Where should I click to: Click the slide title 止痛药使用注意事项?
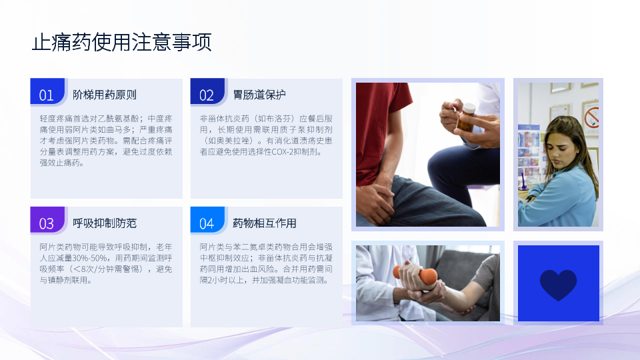click(x=121, y=42)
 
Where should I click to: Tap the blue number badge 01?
click(x=47, y=91)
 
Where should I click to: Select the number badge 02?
click(x=207, y=91)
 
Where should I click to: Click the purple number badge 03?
click(x=47, y=220)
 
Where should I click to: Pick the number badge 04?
click(x=207, y=220)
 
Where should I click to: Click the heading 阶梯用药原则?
click(x=105, y=95)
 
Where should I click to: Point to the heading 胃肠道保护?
click(x=259, y=95)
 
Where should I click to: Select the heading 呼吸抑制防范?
click(x=105, y=223)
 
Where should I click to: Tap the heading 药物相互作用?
click(x=265, y=223)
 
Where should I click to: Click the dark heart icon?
click(x=558, y=285)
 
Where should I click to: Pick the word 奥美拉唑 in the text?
click(x=225, y=141)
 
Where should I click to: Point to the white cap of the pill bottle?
click(x=469, y=108)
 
